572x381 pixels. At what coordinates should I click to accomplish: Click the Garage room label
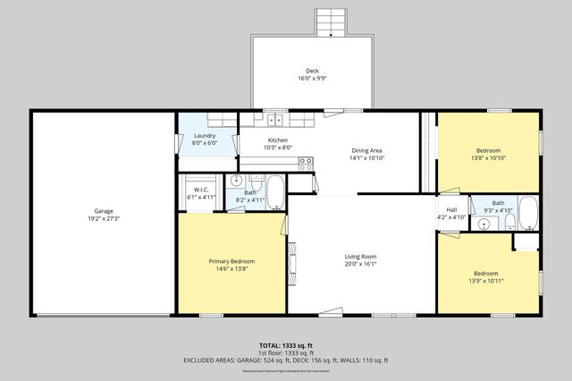104,211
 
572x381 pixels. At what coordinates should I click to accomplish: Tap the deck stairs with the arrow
330,23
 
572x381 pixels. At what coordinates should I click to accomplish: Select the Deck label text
312,72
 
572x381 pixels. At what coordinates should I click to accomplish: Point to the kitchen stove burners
306,164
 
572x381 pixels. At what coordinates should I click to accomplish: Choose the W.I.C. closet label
201,190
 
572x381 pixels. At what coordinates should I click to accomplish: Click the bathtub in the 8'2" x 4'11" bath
275,191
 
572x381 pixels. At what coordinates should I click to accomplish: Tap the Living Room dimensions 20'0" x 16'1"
360,264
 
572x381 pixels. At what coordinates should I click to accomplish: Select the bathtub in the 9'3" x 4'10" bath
527,213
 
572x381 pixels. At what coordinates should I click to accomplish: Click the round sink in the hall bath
484,224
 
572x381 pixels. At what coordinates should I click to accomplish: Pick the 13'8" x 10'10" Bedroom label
488,150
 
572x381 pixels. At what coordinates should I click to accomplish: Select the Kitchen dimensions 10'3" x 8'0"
278,148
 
